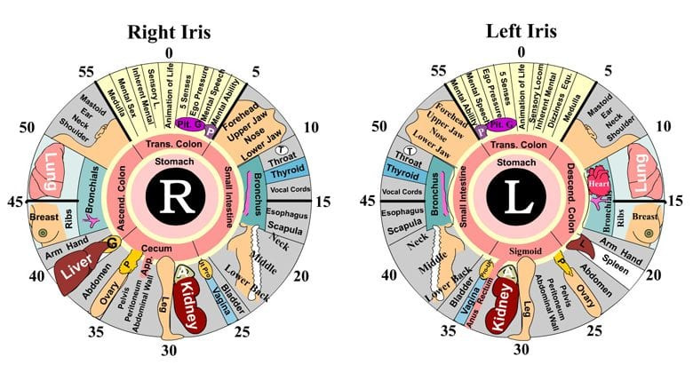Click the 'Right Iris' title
pos(171,34)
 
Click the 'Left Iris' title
pos(522,32)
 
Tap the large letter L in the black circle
pos(522,202)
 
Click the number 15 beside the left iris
pos(676,202)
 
